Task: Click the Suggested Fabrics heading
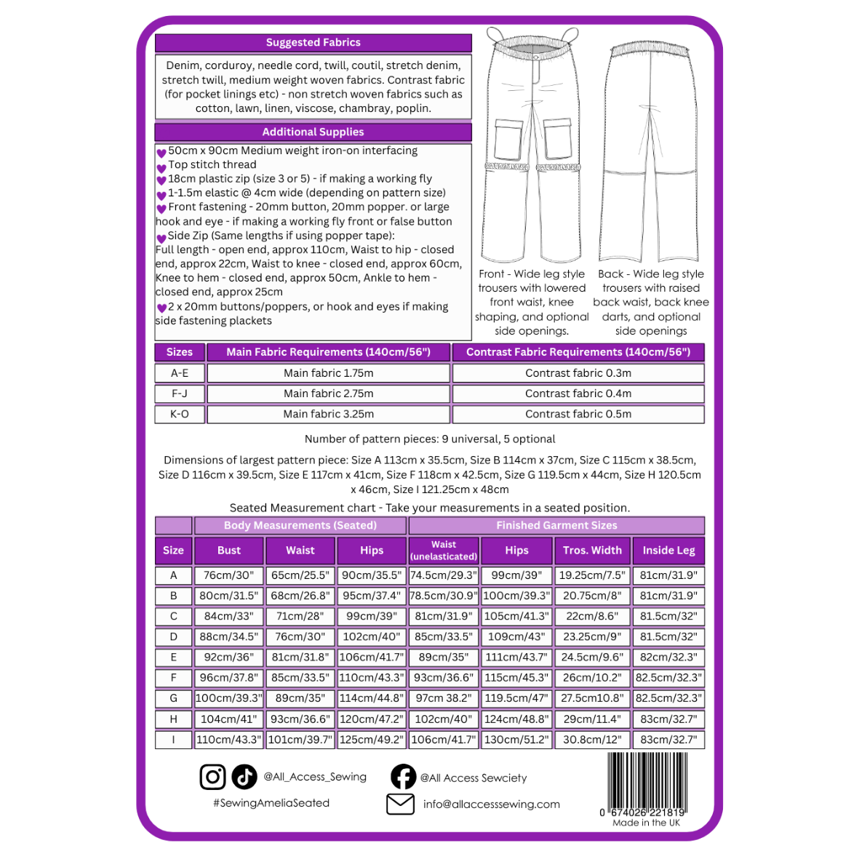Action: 313,42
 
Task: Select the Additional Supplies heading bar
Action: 313,132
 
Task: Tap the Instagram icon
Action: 212,777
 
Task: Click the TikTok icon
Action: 244,777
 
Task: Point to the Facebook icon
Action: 403,777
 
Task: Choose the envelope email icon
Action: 401,804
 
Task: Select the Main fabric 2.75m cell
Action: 328,394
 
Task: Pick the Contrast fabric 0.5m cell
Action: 578,414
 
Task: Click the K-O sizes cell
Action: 180,414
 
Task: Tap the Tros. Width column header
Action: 592,551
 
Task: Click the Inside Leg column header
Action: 669,551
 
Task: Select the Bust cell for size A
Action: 229,575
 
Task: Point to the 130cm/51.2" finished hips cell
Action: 516,740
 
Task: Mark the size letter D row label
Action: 174,636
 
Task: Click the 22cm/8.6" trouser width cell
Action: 592,616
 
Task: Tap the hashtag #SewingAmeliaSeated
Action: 271,803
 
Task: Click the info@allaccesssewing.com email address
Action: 492,804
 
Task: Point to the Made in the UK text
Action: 647,823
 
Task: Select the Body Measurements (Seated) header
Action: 300,525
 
